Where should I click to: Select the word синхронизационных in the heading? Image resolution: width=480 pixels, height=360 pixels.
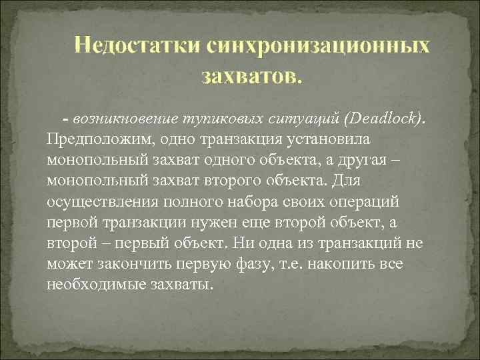319,47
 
